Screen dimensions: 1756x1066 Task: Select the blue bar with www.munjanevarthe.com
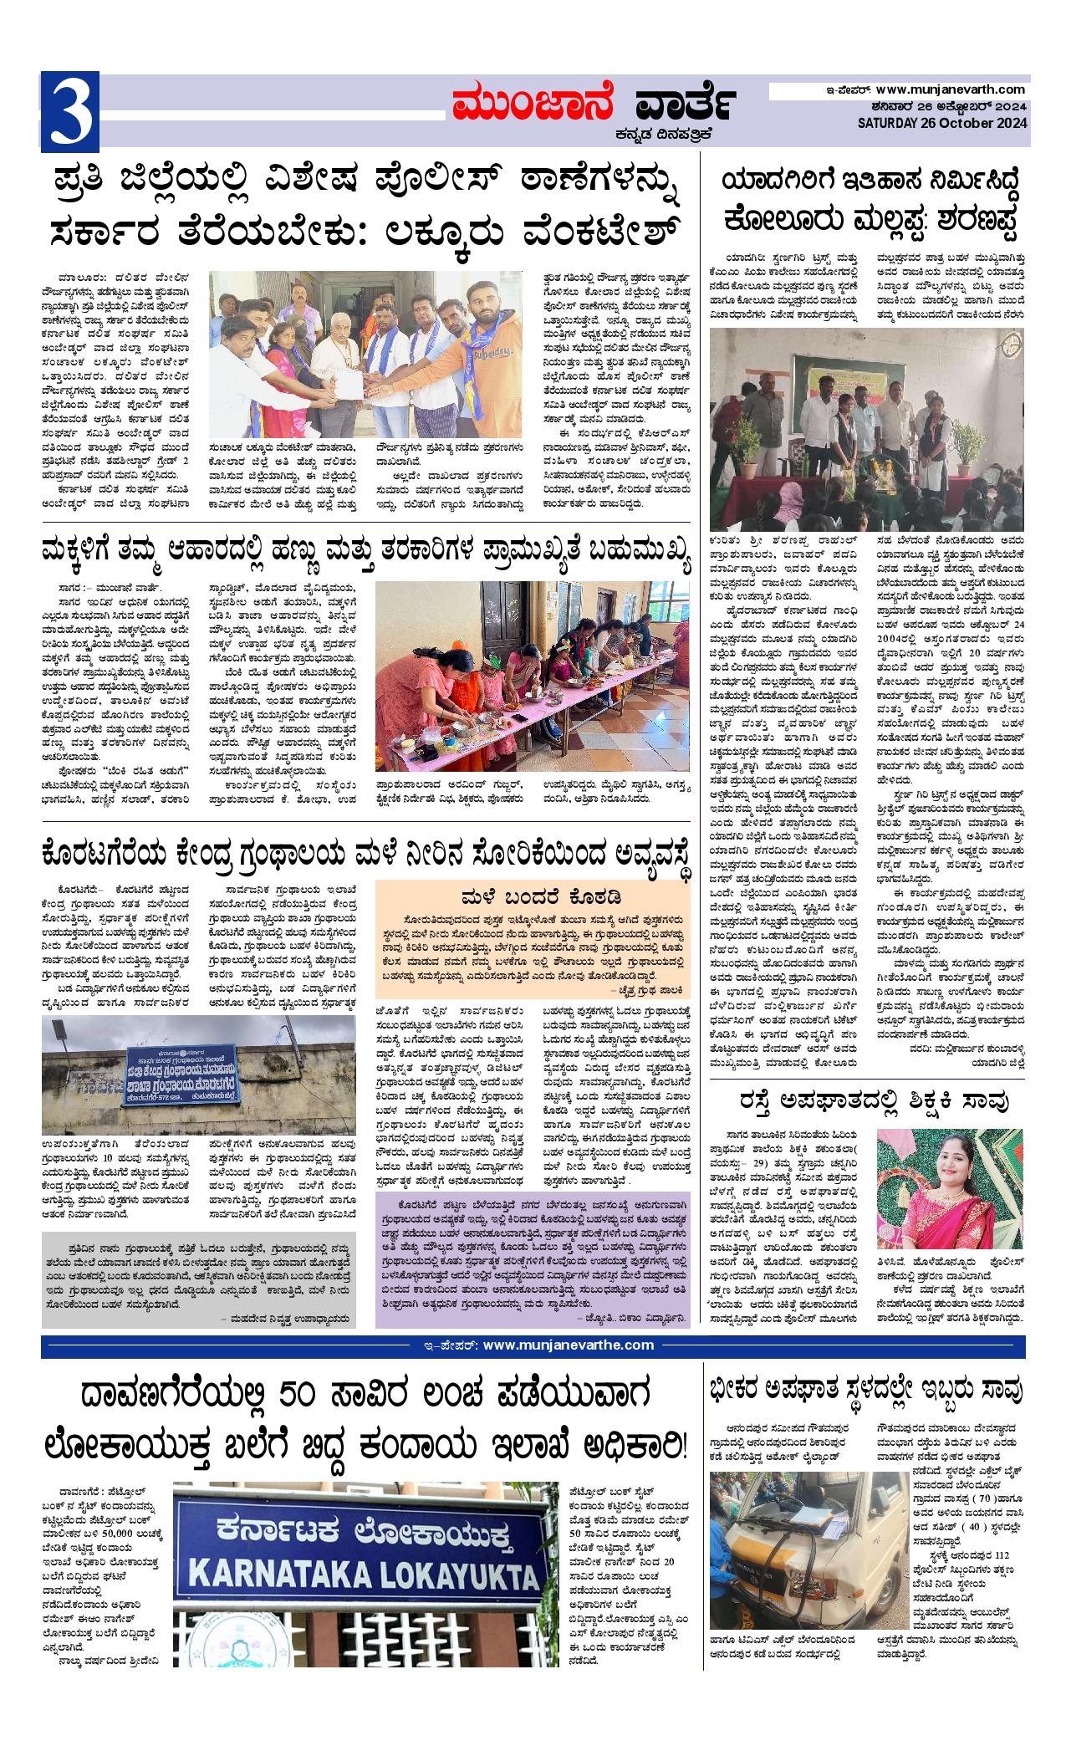click(x=533, y=1345)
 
